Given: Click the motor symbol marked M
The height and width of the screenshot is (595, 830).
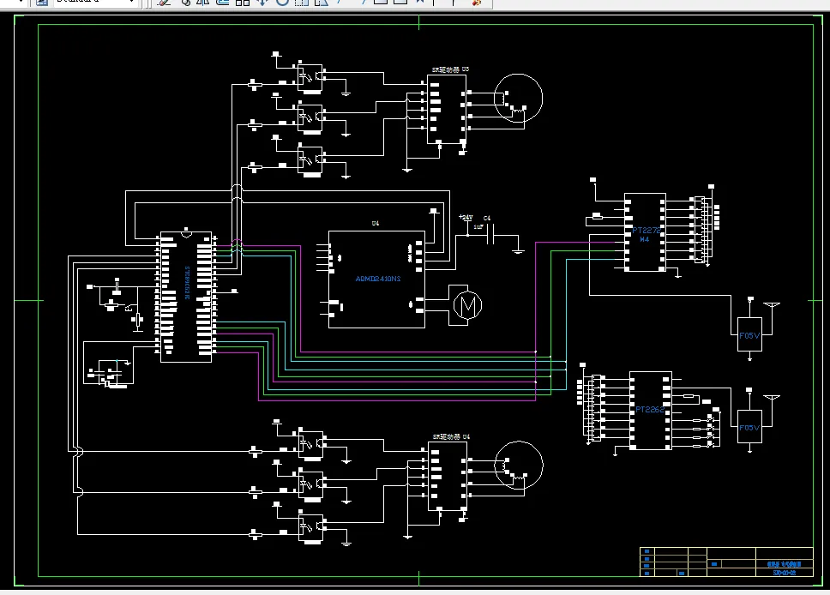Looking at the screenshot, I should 466,304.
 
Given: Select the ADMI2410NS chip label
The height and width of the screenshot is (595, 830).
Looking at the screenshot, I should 378,278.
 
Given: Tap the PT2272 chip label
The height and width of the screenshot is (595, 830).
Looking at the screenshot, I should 646,231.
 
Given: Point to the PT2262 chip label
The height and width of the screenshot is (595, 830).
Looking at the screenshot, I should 650,410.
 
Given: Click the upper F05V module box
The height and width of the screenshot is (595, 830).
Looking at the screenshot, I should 749,335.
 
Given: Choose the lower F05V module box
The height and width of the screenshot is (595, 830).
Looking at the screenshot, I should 749,427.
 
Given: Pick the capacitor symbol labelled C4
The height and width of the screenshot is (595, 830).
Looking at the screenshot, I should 490,236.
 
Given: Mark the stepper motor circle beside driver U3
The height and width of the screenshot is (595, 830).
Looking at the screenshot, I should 520,99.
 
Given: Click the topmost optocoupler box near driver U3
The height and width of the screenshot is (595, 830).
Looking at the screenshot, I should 310,74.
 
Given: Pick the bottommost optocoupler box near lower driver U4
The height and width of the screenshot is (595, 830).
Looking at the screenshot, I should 311,526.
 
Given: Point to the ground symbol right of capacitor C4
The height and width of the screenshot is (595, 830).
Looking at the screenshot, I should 517,249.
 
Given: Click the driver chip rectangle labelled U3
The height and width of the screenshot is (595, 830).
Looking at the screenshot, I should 447,108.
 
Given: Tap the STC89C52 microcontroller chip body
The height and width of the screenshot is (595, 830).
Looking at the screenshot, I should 185,296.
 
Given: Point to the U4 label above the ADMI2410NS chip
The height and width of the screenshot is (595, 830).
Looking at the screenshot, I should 376,224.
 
